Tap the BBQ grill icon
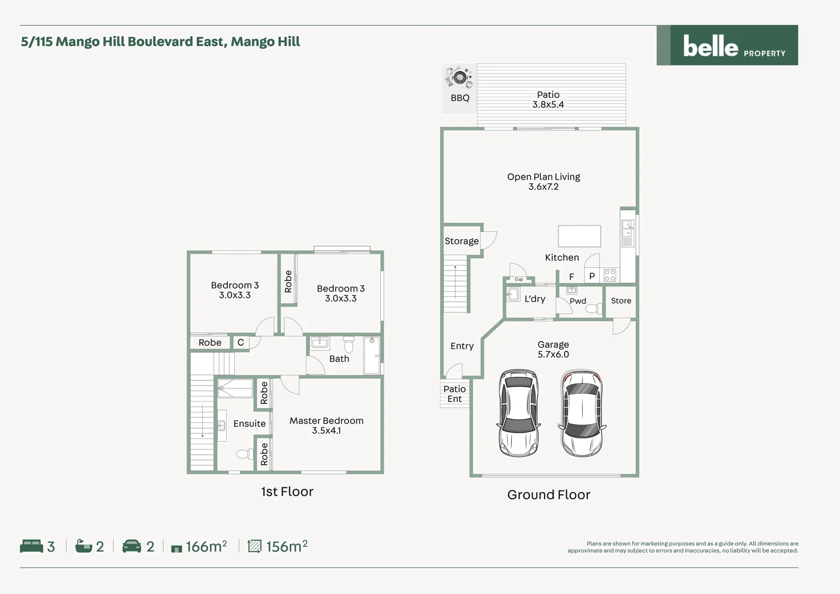[460, 77]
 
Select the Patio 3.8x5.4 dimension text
[548, 105]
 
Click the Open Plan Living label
[543, 177]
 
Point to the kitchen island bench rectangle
[579, 236]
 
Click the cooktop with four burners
[610, 275]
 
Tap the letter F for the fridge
[572, 277]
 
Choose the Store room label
[621, 301]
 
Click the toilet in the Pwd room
[593, 309]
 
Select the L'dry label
[534, 299]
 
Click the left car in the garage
[518, 413]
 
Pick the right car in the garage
[582, 413]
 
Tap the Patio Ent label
[455, 394]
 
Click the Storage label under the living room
[461, 241]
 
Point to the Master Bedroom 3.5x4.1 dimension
[327, 431]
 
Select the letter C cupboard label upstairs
[240, 342]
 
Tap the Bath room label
[339, 359]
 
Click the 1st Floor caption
[287, 492]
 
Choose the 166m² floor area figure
[206, 546]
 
